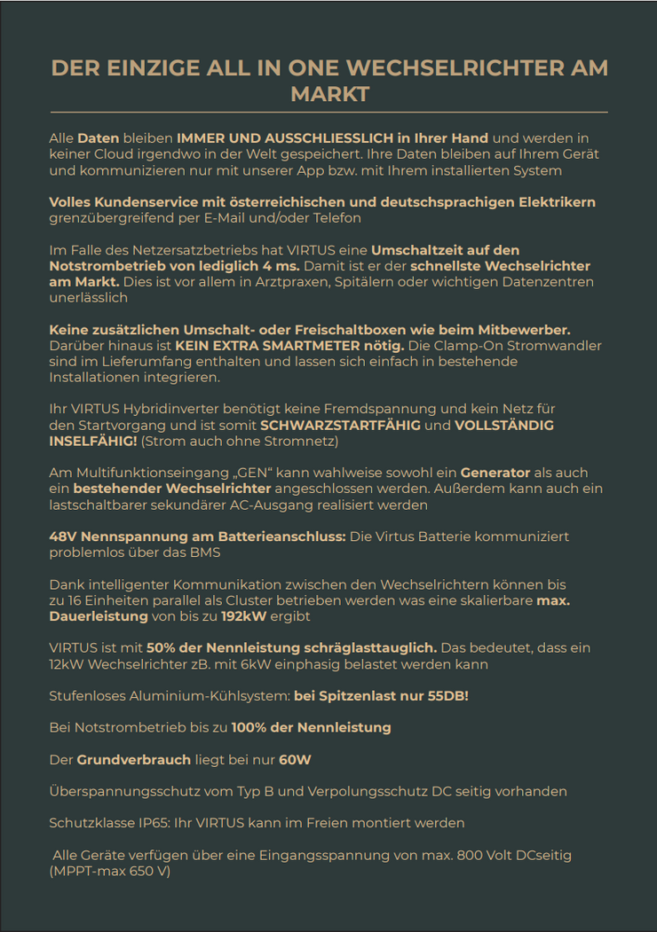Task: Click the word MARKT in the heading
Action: tap(329, 94)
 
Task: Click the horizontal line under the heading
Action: tap(329, 113)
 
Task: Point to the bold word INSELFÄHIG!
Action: tap(93, 442)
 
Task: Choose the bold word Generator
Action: tap(498, 474)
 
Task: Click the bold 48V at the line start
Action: tap(63, 537)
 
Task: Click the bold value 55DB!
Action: tap(442, 696)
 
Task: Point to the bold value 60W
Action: tap(295, 760)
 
